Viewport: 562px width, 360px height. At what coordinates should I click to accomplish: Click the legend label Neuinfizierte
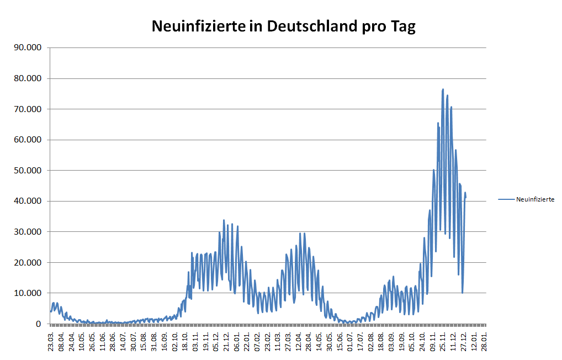pos(535,199)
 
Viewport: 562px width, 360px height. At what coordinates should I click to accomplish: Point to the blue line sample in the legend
pos(506,199)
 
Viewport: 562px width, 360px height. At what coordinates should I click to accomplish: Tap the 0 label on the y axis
pos(39,324)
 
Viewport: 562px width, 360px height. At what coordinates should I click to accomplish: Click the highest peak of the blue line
pos(443,89)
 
